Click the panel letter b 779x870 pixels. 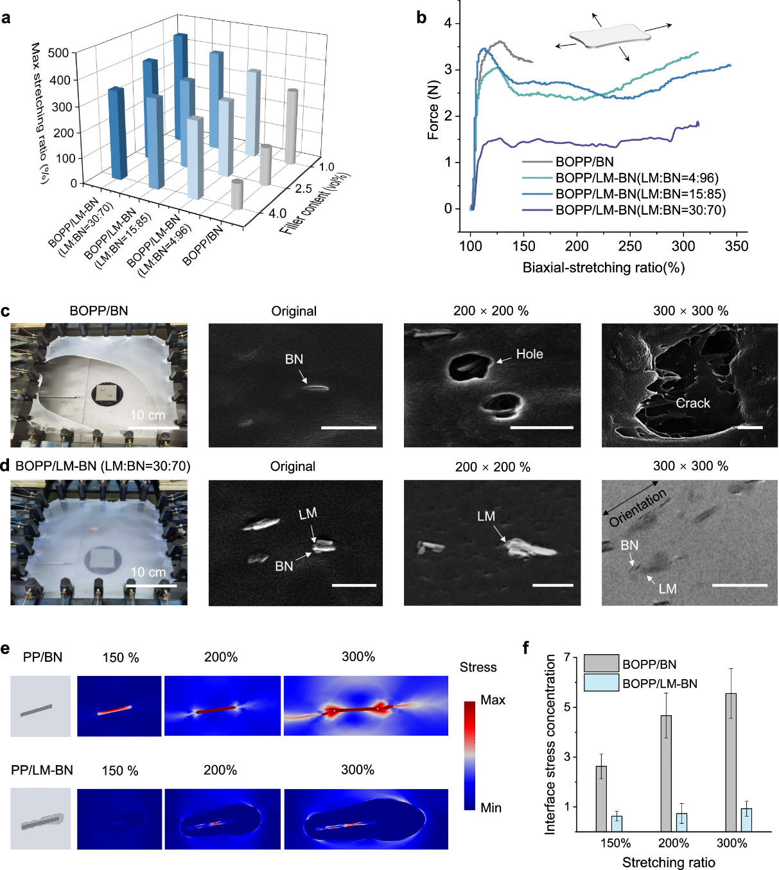[421, 17]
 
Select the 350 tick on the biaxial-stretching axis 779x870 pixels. [736, 246]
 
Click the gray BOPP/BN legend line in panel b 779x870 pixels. [537, 162]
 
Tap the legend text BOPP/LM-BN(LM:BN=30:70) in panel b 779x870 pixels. [640, 210]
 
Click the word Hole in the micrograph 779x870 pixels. [529, 354]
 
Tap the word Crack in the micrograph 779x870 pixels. [693, 404]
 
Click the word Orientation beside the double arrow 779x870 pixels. [638, 508]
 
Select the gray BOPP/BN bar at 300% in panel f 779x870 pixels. [731, 762]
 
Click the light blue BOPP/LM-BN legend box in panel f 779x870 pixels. [601, 683]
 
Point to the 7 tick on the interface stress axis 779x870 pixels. [567, 657]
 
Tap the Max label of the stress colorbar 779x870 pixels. [493, 700]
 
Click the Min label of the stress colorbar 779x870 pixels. [491, 808]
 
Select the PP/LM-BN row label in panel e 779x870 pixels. [42, 770]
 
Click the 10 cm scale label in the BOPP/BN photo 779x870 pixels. [148, 415]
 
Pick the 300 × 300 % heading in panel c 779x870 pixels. [690, 311]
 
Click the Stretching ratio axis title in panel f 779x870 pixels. [669, 862]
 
